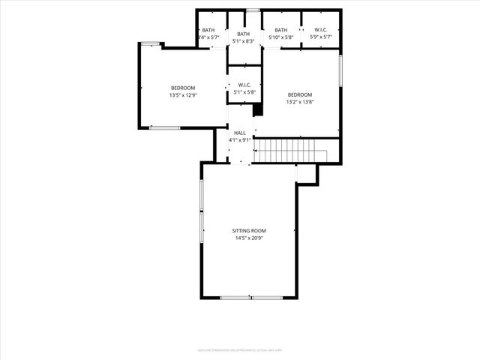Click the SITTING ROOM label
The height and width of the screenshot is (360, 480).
(x=249, y=230)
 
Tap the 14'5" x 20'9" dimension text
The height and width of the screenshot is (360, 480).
(x=249, y=238)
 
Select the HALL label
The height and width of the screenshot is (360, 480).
(x=239, y=133)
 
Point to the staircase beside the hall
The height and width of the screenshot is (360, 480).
(x=291, y=150)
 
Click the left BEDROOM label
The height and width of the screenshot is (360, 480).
(x=182, y=88)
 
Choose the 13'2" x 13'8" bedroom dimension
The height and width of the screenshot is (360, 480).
(x=300, y=102)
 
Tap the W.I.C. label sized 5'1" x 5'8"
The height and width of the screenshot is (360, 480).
(x=244, y=85)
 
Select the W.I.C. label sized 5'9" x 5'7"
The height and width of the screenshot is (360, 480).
(x=320, y=30)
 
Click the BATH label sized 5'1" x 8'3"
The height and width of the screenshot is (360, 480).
(x=243, y=34)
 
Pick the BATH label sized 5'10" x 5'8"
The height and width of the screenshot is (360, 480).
(x=280, y=30)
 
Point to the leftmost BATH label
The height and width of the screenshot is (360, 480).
(x=208, y=30)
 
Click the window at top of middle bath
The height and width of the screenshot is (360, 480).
(x=253, y=10)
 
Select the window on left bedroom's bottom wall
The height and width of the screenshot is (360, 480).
(x=164, y=127)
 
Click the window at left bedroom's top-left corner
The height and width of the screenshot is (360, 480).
(x=151, y=43)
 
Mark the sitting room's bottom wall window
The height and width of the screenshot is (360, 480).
(x=250, y=298)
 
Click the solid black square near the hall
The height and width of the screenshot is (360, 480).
(x=258, y=109)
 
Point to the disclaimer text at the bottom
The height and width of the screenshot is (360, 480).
(x=239, y=349)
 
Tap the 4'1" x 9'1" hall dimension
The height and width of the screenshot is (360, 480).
(x=239, y=140)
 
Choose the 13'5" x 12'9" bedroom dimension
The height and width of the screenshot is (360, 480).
(x=182, y=95)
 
